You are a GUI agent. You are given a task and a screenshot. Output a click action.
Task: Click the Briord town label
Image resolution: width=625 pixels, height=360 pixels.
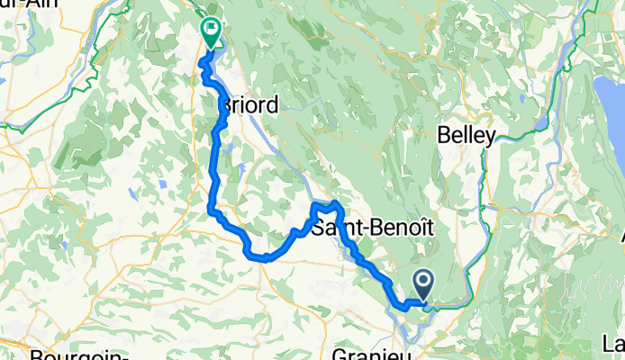tap(249, 105)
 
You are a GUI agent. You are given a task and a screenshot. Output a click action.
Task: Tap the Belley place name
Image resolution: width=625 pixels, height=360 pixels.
tap(466, 136)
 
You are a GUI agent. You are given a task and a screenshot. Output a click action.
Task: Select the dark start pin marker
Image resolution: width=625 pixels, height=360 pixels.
tap(421, 286)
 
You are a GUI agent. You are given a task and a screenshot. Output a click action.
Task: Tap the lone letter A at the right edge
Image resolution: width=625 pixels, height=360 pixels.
tap(620, 236)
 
